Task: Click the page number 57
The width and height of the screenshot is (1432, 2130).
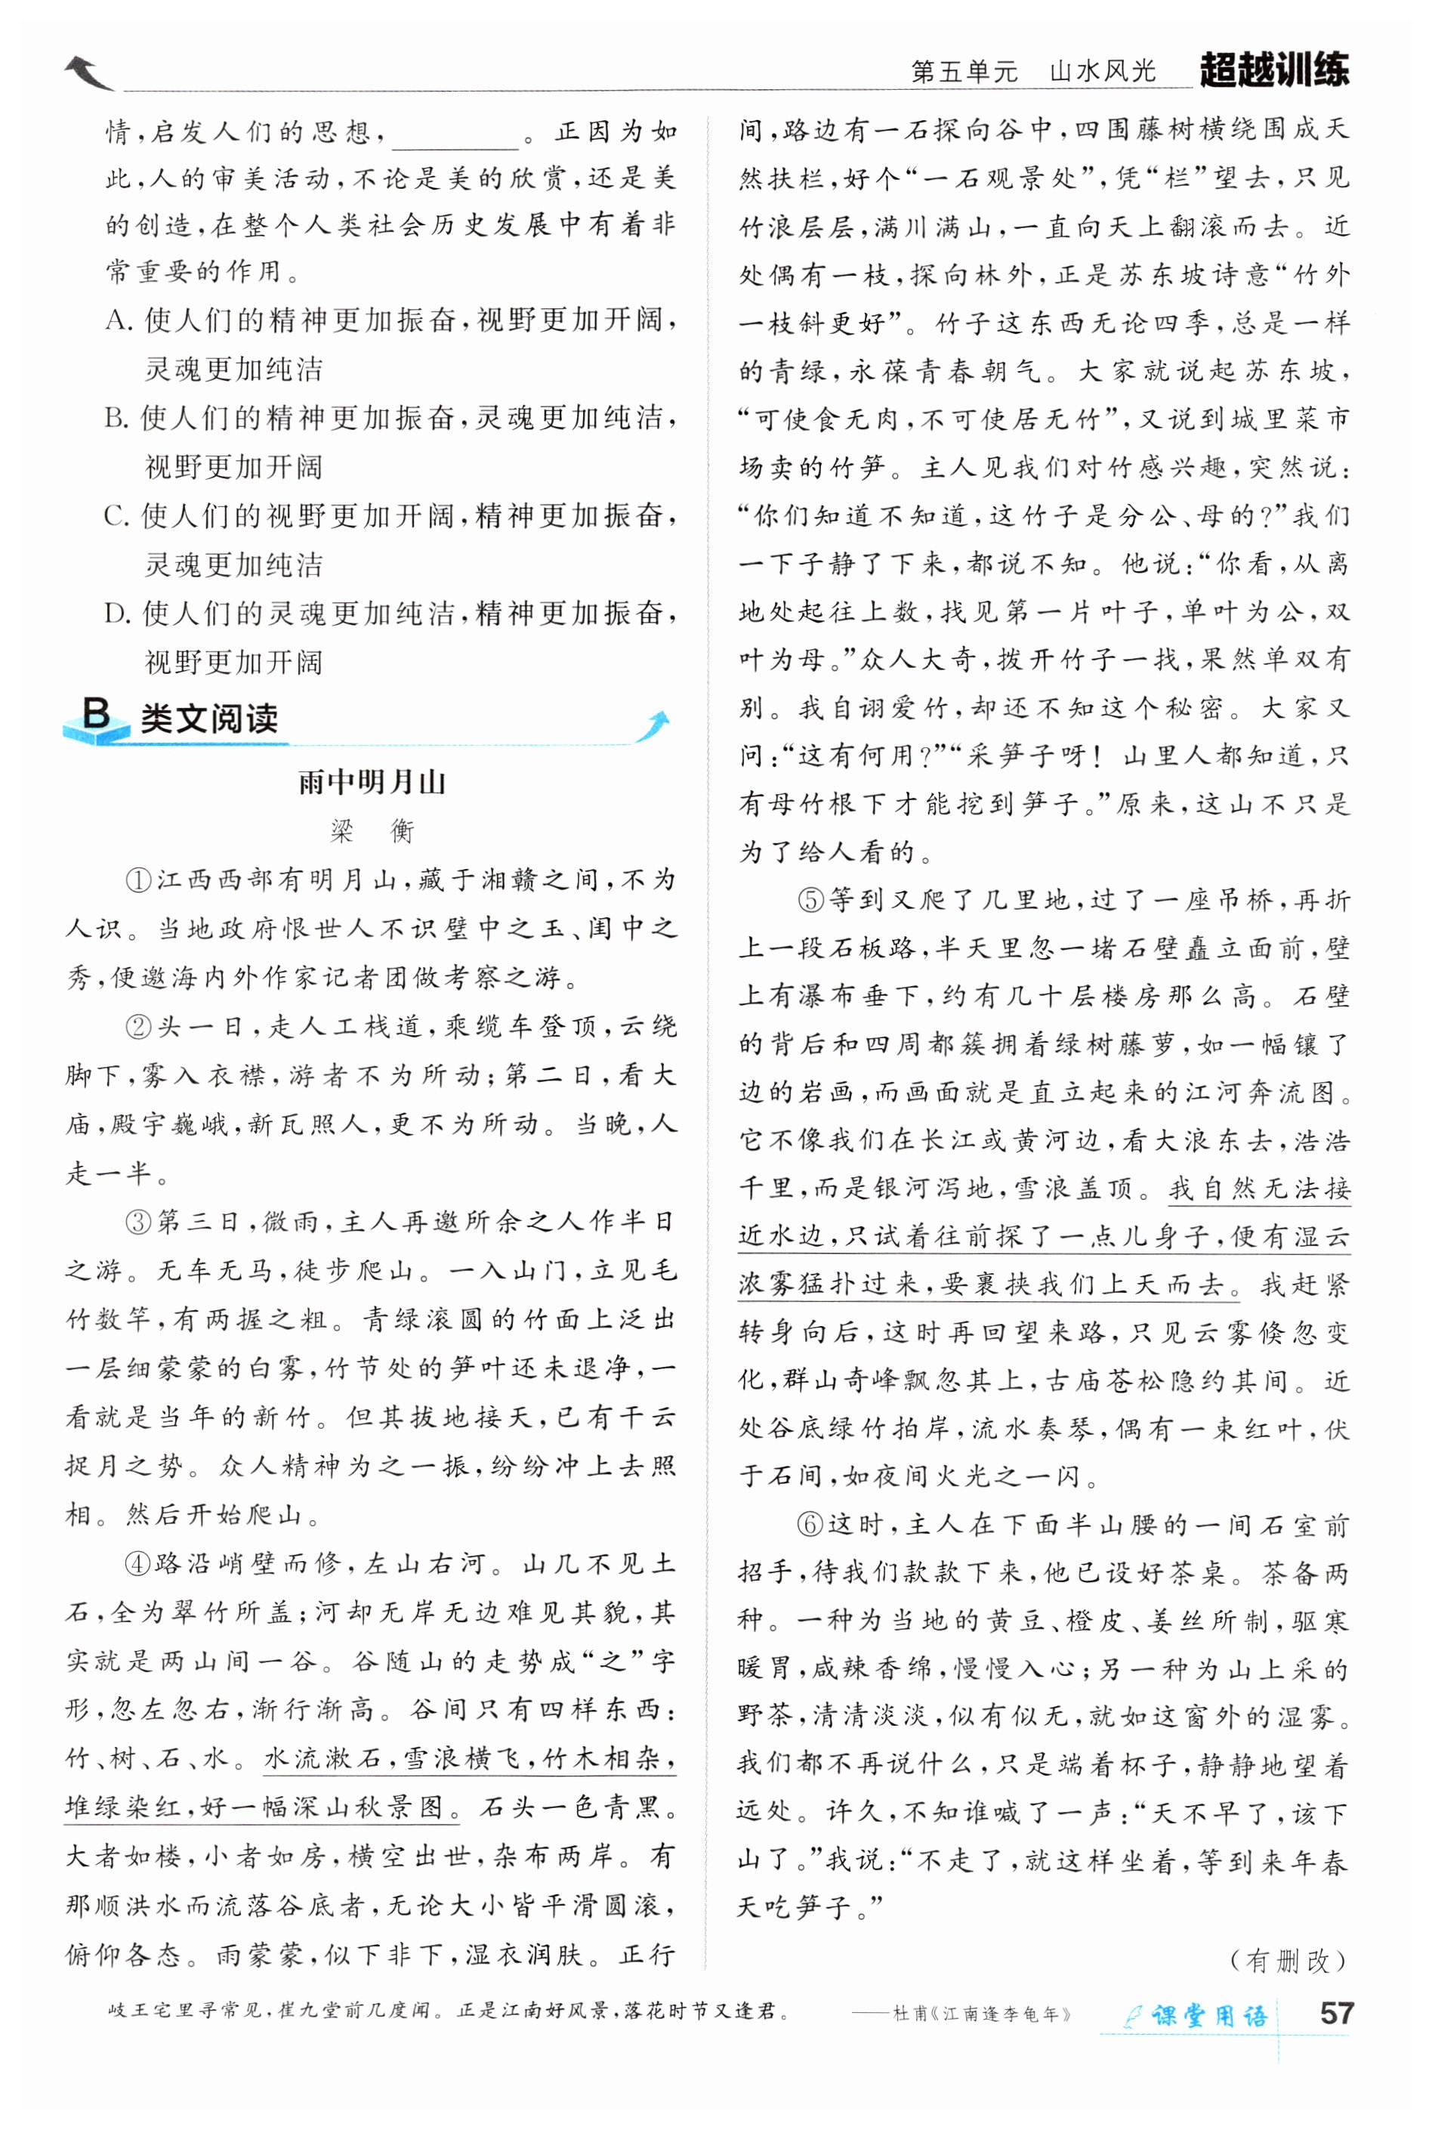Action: (1335, 2014)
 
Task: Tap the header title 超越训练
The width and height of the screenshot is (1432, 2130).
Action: (1274, 70)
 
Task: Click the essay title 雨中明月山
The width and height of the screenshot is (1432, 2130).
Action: (372, 783)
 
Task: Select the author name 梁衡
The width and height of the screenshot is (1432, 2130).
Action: (372, 831)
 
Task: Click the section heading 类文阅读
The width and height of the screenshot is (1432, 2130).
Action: (209, 719)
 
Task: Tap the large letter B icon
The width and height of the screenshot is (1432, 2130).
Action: (95, 713)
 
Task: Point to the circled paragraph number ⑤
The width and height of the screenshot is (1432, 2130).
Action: (811, 901)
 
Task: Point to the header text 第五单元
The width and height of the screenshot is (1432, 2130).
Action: (964, 72)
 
